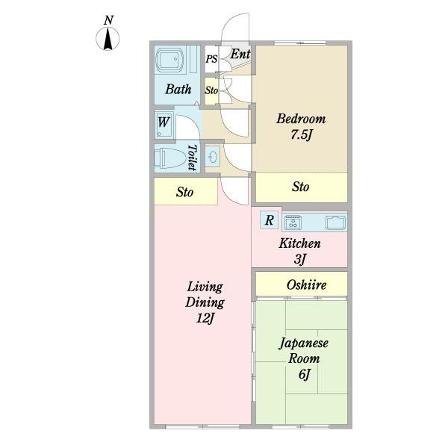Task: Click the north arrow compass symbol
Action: click(108, 39)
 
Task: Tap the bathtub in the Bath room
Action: click(169, 60)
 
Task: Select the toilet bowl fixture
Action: click(169, 158)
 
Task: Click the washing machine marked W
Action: click(164, 124)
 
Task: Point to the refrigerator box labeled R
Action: click(269, 220)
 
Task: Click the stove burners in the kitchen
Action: click(293, 222)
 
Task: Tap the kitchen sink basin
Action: click(336, 223)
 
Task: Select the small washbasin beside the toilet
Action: click(213, 157)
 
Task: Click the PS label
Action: click(212, 59)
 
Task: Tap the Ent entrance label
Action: click(240, 54)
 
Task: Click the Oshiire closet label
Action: click(306, 285)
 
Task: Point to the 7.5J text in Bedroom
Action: click(301, 135)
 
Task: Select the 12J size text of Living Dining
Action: click(205, 318)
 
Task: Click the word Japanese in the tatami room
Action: click(303, 343)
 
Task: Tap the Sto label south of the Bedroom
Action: click(301, 187)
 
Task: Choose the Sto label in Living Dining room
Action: click(184, 192)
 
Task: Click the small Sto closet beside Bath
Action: click(212, 90)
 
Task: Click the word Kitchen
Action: click(299, 243)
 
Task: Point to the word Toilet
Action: click(193, 158)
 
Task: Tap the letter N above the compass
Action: click(108, 20)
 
